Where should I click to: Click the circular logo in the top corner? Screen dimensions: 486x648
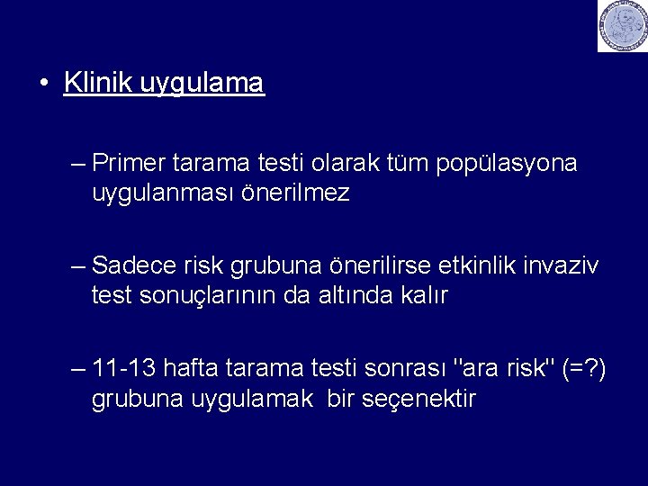pos(623,26)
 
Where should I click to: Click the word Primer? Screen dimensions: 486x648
pos(124,164)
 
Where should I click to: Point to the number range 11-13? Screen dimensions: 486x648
pos(125,368)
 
